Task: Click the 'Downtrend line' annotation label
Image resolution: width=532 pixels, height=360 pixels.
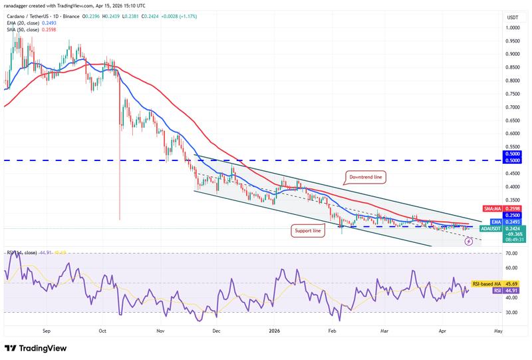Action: [365, 177]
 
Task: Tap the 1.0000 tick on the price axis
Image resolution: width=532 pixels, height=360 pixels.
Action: [512, 28]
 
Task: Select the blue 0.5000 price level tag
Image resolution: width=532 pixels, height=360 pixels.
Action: [512, 160]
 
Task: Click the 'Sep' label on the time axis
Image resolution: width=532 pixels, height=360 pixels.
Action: [46, 329]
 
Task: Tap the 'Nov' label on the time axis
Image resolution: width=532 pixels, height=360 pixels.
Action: [160, 329]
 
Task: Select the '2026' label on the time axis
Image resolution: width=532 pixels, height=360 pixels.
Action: [275, 329]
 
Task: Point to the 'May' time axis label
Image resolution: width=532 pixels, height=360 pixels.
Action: [498, 329]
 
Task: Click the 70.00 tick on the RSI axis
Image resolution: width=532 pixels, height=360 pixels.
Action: [512, 254]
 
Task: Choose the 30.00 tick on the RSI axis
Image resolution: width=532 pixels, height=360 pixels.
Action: [512, 312]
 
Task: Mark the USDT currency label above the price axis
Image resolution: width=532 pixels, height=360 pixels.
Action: [512, 17]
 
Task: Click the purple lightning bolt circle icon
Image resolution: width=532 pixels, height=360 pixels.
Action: [468, 242]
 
